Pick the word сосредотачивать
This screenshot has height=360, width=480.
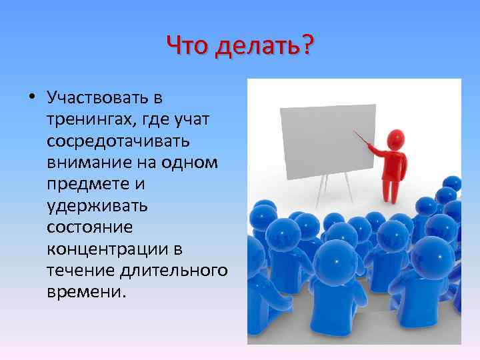(118, 141)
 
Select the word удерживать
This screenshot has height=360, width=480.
(97, 205)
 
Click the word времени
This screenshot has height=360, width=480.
(85, 291)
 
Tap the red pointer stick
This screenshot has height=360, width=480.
(363, 141)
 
